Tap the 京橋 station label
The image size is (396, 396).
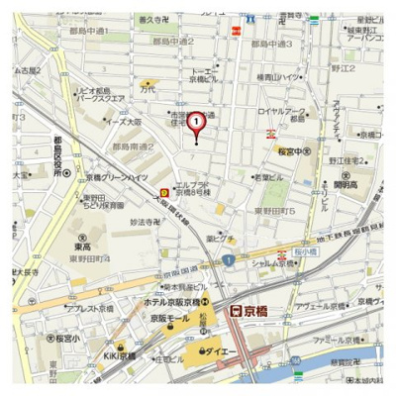[248, 310]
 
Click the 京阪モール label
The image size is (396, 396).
[168, 319]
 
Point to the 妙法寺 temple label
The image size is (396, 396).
[146, 221]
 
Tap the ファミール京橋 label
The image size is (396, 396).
[336, 340]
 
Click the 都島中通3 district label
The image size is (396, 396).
[272, 44]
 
